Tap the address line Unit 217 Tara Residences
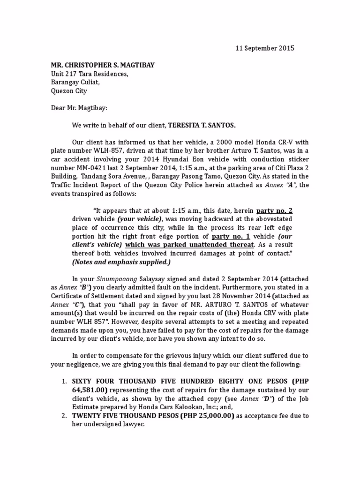coord(89,74)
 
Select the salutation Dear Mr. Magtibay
coord(79,108)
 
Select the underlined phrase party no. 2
coord(274,211)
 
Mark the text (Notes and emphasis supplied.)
coord(121,262)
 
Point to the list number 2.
coord(64,416)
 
